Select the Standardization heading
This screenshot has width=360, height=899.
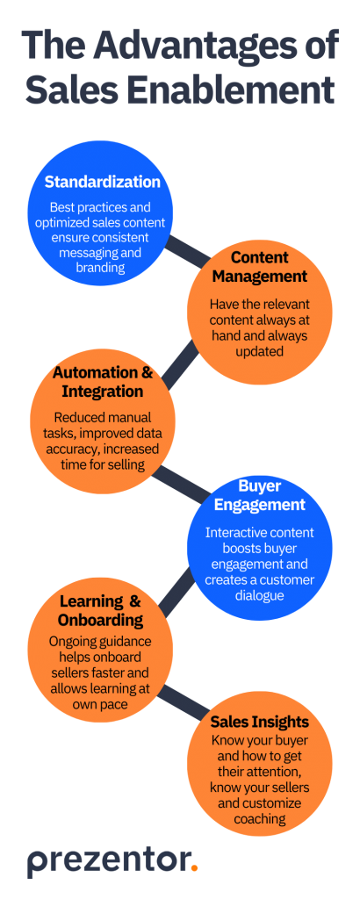click(103, 183)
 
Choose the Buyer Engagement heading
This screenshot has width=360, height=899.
click(259, 495)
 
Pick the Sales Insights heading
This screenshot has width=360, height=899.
click(259, 722)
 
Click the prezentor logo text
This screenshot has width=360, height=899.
click(107, 861)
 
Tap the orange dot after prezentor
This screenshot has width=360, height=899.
click(194, 869)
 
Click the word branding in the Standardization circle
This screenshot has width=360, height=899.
click(102, 267)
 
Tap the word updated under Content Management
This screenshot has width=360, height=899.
click(259, 353)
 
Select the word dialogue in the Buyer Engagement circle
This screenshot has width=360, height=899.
click(259, 595)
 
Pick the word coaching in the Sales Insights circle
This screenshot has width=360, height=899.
click(259, 818)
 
